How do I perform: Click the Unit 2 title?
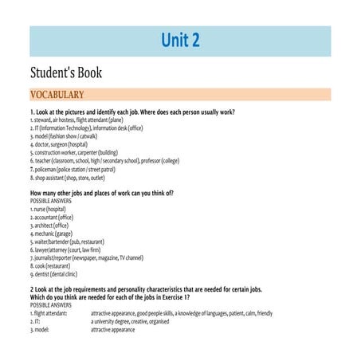(180, 41)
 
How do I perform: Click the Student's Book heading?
(66, 73)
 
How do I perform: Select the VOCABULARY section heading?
(62, 95)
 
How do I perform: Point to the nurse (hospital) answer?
(48, 209)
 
